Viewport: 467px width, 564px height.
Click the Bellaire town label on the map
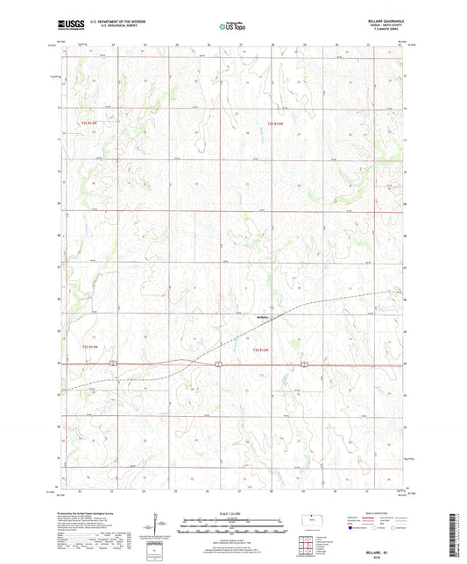click(264, 317)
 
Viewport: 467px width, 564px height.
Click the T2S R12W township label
click(276, 124)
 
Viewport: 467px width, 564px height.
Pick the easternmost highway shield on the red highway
click(303, 363)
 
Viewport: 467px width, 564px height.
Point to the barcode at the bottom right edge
click(456, 534)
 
